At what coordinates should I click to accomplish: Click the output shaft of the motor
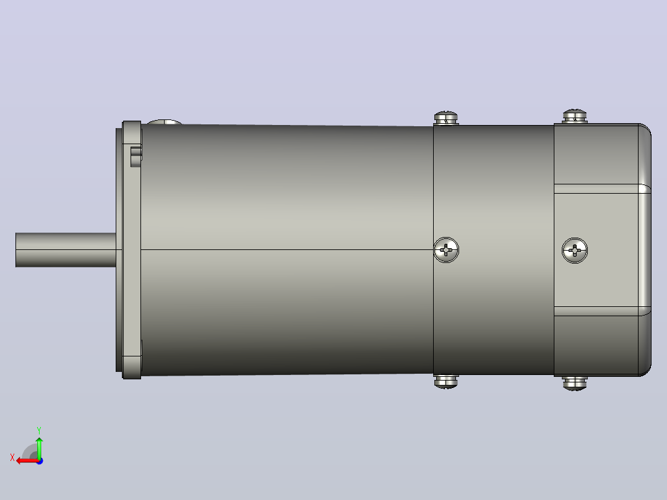tap(66, 250)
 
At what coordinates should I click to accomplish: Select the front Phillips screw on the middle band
tap(446, 250)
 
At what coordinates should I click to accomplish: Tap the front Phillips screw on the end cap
tap(575, 251)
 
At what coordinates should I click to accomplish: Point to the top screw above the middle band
tap(446, 118)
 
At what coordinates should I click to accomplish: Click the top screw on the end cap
tap(575, 116)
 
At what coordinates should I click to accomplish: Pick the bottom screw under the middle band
tap(446, 382)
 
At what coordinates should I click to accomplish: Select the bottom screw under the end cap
tap(575, 383)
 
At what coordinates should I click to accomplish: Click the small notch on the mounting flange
tap(136, 157)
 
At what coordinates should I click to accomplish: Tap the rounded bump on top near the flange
tap(165, 122)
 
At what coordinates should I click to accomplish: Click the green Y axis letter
tap(39, 431)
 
